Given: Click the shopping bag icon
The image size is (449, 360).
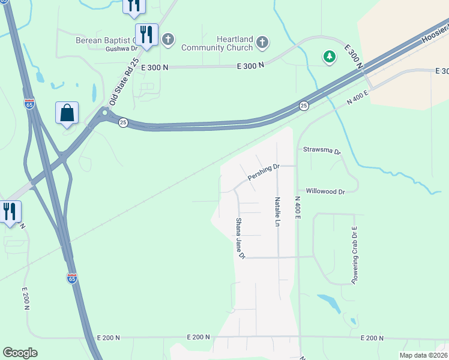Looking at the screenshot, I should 67,113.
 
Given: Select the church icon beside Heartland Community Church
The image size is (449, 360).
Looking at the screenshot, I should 262,43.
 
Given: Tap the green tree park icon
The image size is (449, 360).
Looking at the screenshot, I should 329,57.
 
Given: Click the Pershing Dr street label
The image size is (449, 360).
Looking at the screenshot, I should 264,173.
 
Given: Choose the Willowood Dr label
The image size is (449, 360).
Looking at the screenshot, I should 325,191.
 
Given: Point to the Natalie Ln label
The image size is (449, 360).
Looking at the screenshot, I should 277,211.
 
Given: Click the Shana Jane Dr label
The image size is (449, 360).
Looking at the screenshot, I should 240,238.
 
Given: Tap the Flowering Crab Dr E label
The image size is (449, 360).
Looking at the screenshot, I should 354,255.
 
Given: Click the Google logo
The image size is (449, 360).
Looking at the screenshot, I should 20,353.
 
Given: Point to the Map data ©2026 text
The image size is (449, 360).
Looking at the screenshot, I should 423,355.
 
